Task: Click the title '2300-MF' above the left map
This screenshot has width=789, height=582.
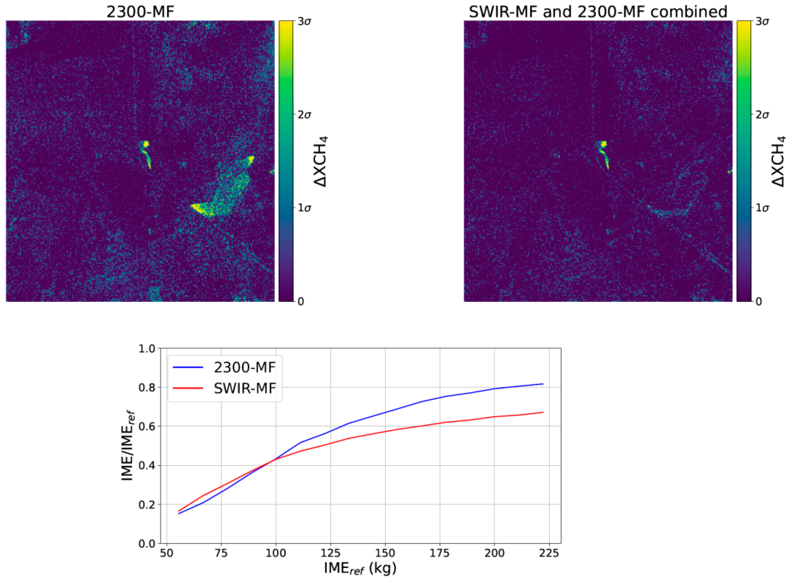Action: coord(140,12)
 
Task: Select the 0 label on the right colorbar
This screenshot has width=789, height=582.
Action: coord(759,302)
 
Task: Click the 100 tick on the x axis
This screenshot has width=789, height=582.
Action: coord(276,553)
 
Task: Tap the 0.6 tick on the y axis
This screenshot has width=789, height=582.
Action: coord(147,426)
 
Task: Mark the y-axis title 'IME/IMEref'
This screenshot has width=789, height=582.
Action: coord(127,446)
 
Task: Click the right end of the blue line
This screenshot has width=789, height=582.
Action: coord(543,384)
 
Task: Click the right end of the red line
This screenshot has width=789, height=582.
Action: coord(543,412)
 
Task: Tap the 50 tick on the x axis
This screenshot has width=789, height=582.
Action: coord(166,553)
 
